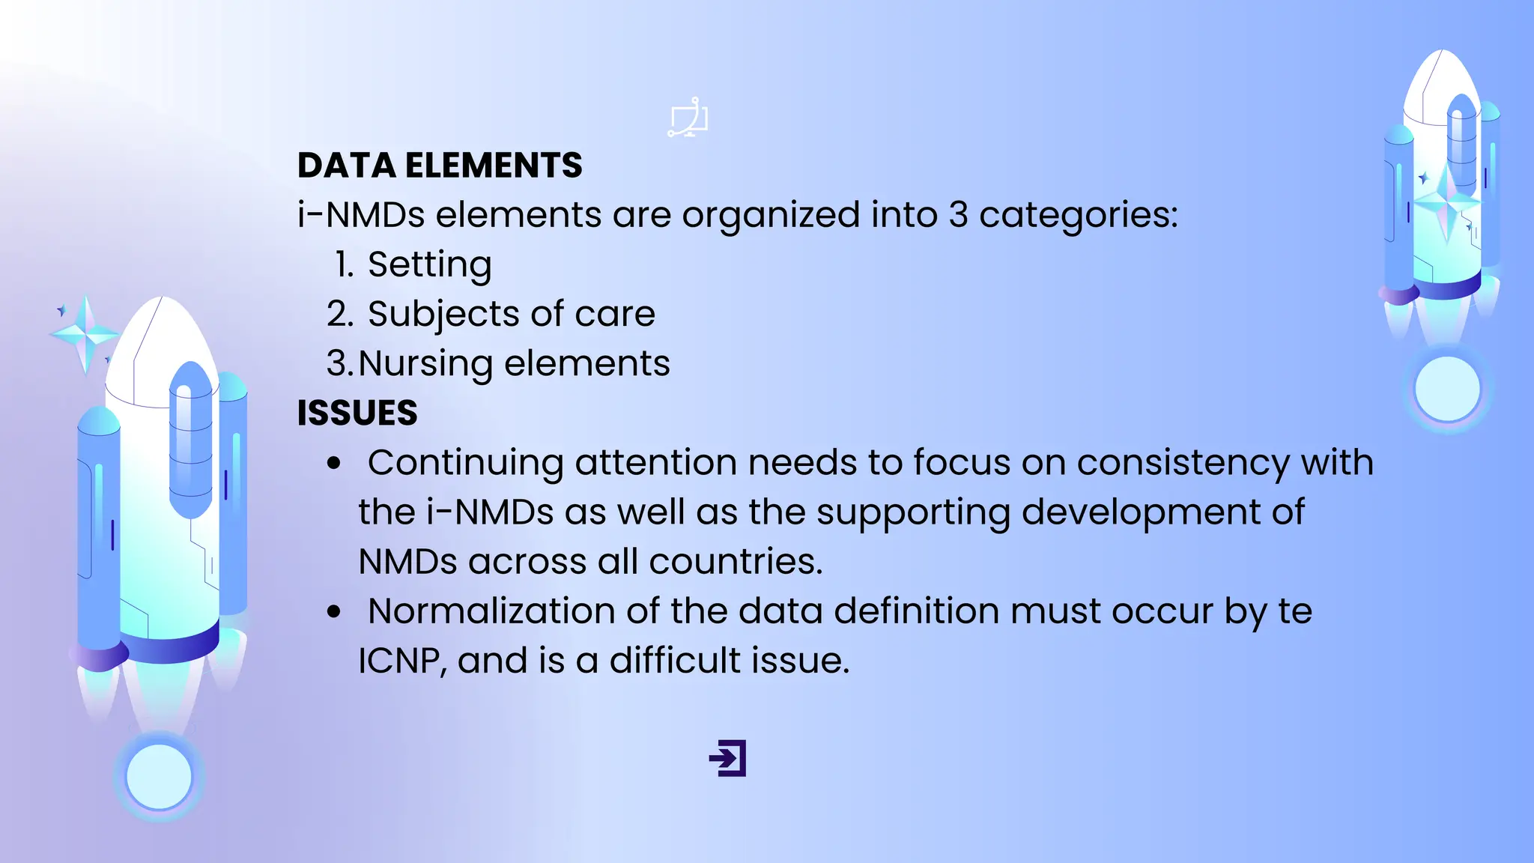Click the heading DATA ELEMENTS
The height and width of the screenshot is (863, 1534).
(x=440, y=166)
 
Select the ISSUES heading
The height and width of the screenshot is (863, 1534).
(x=357, y=413)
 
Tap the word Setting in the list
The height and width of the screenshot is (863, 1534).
(x=429, y=264)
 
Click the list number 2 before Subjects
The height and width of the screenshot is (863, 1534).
(x=339, y=314)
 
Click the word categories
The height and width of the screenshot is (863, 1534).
(x=1078, y=216)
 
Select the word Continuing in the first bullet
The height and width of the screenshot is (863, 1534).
(x=465, y=463)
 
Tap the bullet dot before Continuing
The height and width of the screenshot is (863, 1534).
(x=334, y=464)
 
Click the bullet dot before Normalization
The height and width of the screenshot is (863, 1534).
(x=334, y=612)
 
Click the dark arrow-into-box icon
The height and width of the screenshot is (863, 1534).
(x=728, y=758)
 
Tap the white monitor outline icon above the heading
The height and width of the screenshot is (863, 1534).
(x=688, y=118)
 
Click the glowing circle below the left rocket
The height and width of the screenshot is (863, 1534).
(x=159, y=777)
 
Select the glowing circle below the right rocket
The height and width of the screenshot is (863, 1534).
(x=1447, y=389)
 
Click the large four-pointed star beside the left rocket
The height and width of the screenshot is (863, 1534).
(x=85, y=333)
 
